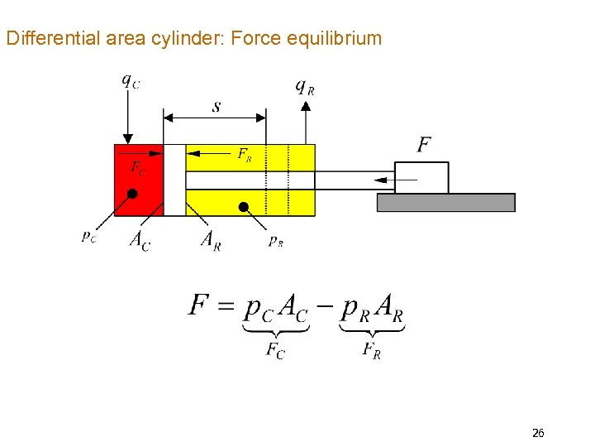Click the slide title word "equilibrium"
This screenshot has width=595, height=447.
pos(340,38)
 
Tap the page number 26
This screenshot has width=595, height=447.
pos(538,433)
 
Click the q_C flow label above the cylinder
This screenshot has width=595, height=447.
pos(130,81)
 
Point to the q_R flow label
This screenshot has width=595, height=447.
pos(305,86)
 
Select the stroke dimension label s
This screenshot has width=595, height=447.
pos(217,107)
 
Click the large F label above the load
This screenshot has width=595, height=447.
pos(424,145)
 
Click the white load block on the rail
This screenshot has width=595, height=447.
pos(421,178)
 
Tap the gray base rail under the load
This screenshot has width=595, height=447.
pos(445,203)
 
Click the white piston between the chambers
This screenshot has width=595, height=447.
pos(174,180)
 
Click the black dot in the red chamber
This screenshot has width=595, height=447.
pos(132,194)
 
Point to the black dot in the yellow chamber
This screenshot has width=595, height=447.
pos(244,206)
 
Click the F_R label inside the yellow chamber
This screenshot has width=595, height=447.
pos(245,154)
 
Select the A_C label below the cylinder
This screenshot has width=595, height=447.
pos(140,240)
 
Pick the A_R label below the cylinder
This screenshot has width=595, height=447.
pos(211,240)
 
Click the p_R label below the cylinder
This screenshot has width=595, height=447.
pos(276,241)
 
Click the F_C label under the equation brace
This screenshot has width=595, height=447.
pos(275,350)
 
